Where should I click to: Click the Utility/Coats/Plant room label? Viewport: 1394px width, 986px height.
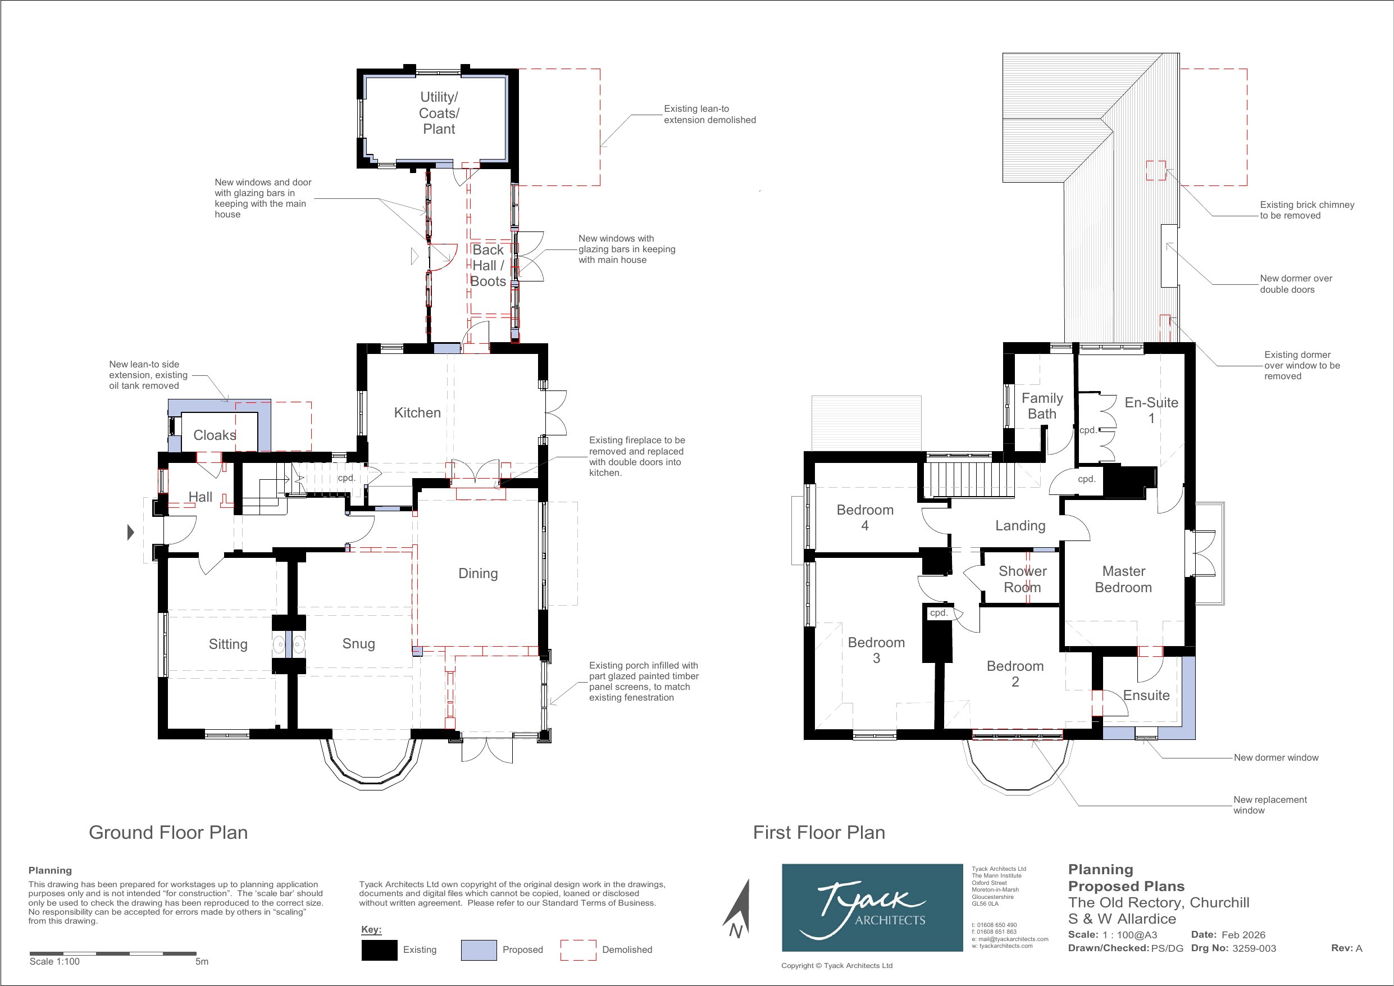pos(439,113)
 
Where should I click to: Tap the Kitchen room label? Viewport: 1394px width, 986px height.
pos(417,412)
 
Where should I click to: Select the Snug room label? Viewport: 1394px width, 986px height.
pos(358,643)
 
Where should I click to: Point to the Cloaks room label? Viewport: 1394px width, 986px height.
pos(215,435)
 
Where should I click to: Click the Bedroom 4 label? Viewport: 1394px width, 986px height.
pos(865,517)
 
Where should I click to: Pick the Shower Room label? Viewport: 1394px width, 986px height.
pos(1022,579)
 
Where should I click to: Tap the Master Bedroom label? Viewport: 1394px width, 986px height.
pos(1123,579)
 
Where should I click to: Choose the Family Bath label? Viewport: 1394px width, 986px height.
pos(1042,406)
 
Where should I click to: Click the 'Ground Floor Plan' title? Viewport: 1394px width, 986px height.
pos(168,832)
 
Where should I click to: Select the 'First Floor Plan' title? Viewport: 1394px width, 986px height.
pos(819,832)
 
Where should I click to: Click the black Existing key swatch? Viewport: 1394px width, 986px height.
pos(380,950)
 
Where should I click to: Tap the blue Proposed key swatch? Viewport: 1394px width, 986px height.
pos(479,950)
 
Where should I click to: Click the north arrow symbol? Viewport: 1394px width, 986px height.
pos(737,909)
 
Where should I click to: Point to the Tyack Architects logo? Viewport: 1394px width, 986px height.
pos(872,908)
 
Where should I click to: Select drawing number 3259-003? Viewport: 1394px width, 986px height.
pos(1254,948)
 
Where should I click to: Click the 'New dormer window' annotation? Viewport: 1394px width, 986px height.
pos(1276,757)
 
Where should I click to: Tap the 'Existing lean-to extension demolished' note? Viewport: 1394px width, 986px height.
pos(710,114)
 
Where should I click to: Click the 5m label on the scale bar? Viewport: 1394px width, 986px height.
pos(202,962)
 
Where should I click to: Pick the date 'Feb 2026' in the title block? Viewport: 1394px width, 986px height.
pos(1243,935)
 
